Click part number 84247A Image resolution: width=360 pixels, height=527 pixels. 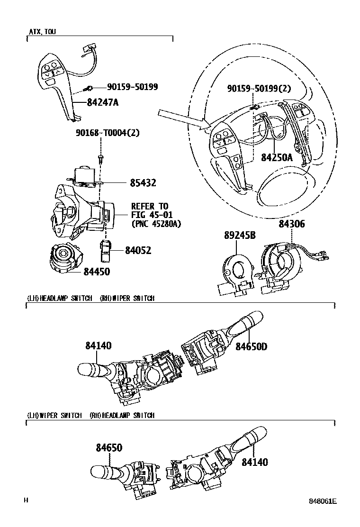tap(103, 102)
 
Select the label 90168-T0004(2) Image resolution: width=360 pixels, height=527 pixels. tap(108, 133)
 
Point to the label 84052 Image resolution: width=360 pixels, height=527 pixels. tap(138, 250)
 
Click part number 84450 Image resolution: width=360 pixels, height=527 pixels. tap(97, 271)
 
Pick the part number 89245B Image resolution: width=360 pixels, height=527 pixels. tap(240, 235)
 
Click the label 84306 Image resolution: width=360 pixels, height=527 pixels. tap(292, 224)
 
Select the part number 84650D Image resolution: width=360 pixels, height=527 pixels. tap(251, 346)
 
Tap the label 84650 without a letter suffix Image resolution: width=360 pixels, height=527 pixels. tap(109, 448)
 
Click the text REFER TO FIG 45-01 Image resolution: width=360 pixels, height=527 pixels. tap(152, 210)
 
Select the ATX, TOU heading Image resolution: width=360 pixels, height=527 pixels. tap(43, 32)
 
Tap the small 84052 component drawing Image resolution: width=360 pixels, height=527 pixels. tap(105, 251)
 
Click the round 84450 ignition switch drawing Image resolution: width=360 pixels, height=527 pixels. tap(65, 258)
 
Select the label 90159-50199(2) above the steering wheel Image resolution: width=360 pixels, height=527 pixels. tap(259, 88)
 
